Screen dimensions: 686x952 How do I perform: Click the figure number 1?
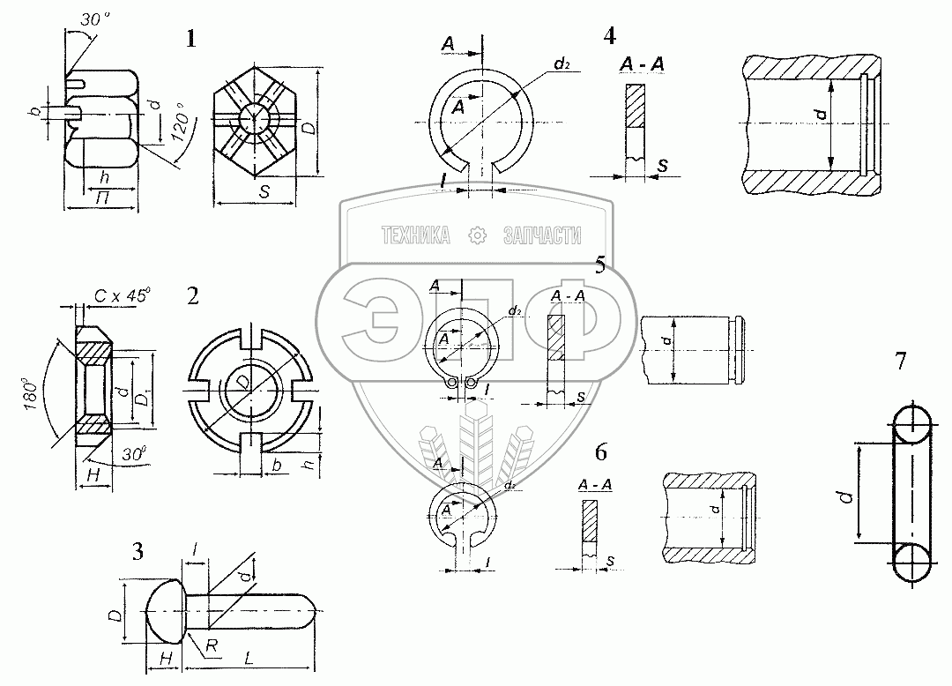191,39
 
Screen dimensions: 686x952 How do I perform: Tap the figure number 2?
193,296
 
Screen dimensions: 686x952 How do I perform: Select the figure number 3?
138,553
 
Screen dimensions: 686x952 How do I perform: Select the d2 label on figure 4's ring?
562,63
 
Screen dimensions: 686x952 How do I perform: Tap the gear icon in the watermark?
476,235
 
